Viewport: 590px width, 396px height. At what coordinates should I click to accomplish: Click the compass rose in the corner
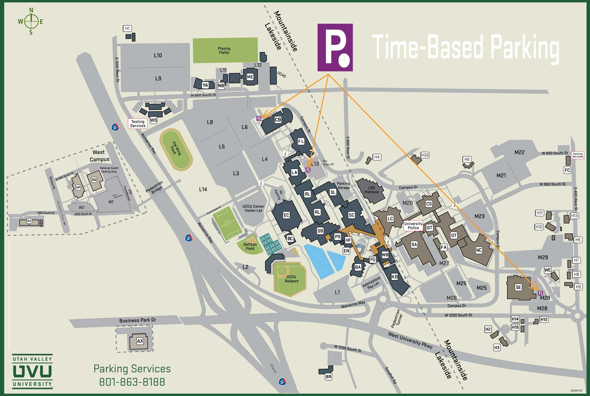click(x=31, y=21)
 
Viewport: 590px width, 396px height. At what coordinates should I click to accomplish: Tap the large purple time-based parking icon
click(x=335, y=48)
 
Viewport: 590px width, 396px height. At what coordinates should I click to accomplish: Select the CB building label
click(x=278, y=120)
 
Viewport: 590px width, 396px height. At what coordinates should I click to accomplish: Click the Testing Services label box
click(x=138, y=124)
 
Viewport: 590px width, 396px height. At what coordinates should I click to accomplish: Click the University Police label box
click(x=413, y=226)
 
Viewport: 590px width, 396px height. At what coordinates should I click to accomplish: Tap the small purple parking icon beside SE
click(x=540, y=293)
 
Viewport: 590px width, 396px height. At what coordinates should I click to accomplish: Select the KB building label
click(x=394, y=276)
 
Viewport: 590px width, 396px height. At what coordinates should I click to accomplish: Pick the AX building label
click(x=140, y=341)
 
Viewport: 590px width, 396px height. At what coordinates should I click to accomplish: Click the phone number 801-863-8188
click(x=132, y=382)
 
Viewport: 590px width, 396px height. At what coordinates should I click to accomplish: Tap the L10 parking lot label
click(x=158, y=55)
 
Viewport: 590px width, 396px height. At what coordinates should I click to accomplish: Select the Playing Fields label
click(x=224, y=50)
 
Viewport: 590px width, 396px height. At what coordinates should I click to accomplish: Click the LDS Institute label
click(x=371, y=190)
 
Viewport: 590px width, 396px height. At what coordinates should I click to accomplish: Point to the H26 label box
click(x=425, y=155)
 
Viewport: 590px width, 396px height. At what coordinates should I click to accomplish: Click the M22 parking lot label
click(x=519, y=152)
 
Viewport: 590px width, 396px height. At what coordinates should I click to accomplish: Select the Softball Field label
click(x=250, y=246)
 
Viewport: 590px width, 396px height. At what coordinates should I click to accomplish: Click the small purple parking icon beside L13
click(x=308, y=170)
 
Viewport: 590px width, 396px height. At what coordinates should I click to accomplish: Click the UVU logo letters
click(x=32, y=371)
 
